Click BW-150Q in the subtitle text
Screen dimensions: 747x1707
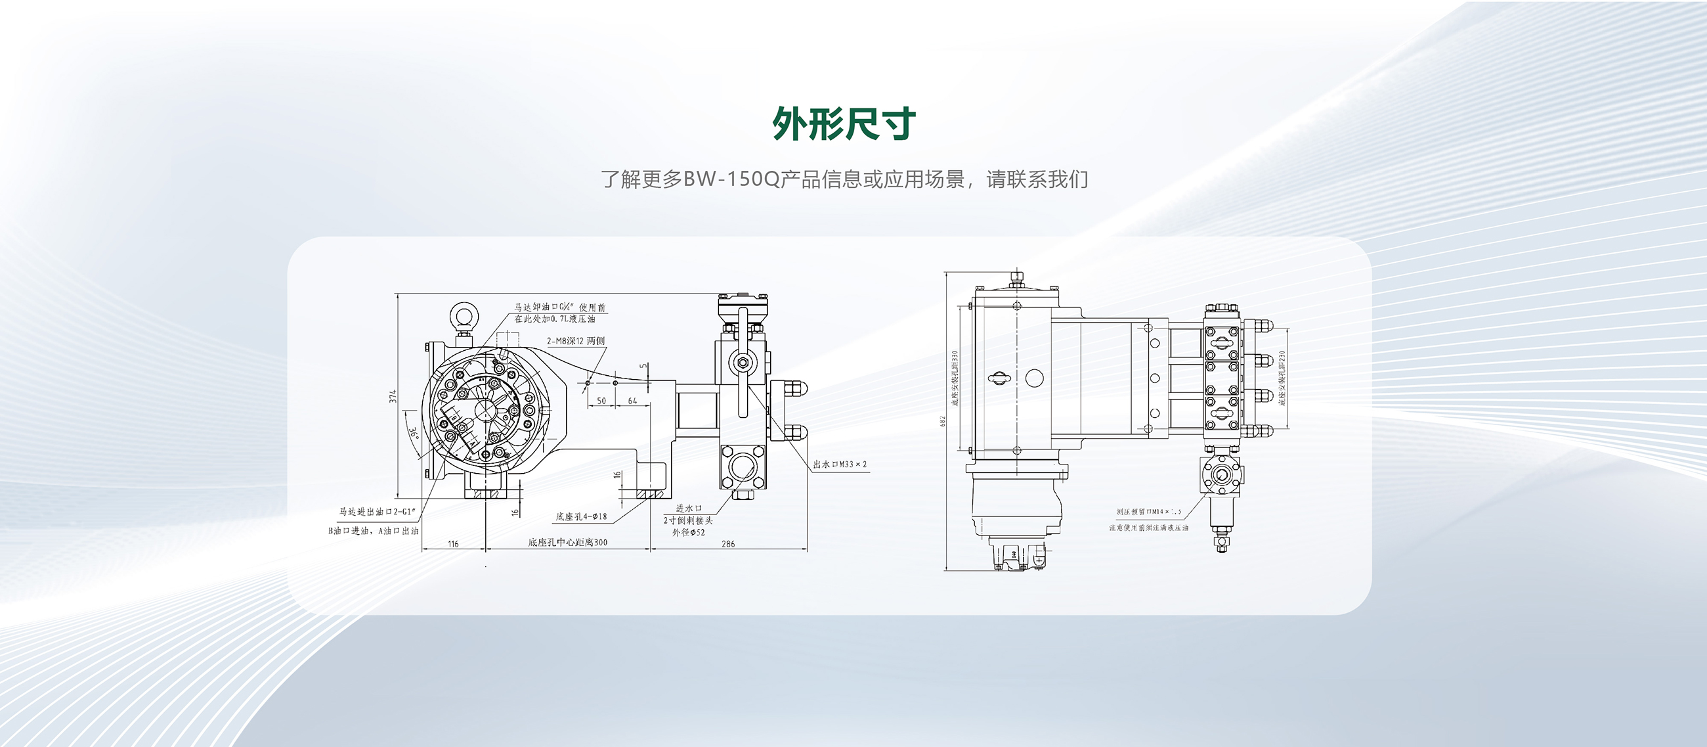(x=731, y=179)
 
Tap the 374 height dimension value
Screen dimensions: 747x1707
(x=393, y=396)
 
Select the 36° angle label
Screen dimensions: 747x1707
(x=414, y=434)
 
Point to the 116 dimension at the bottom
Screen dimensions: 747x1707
(x=453, y=544)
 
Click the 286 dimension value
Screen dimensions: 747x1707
(x=727, y=544)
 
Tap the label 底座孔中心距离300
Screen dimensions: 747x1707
(x=567, y=542)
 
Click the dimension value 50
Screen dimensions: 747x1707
(x=601, y=401)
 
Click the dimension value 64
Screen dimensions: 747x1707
(x=632, y=401)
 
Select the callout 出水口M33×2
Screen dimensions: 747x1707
(x=840, y=464)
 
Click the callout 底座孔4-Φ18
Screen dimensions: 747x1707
(x=581, y=516)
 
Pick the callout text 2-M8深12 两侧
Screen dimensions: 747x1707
(x=575, y=341)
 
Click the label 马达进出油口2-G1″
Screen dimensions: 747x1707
(x=376, y=512)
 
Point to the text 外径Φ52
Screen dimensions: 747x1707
(x=689, y=532)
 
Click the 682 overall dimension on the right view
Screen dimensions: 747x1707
(x=942, y=422)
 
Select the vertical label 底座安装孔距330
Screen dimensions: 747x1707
(x=955, y=378)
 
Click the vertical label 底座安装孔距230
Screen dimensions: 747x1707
(x=1282, y=378)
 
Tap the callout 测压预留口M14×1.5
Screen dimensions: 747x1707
(x=1148, y=512)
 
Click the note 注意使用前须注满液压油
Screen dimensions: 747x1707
(x=1148, y=528)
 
